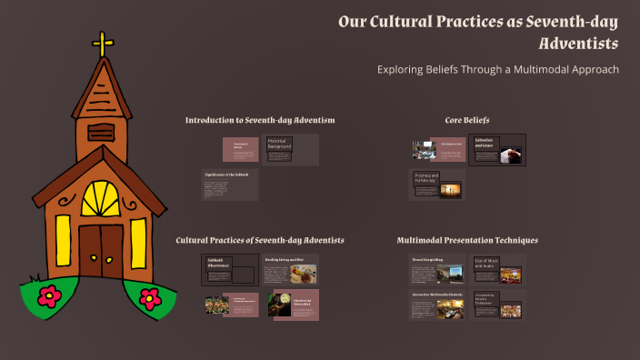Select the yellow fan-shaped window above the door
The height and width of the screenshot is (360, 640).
pyautogui.click(x=100, y=199)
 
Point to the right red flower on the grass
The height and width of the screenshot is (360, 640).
pyautogui.click(x=150, y=296)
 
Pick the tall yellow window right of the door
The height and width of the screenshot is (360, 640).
pyautogui.click(x=138, y=243)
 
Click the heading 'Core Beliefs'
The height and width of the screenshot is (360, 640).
pyautogui.click(x=467, y=120)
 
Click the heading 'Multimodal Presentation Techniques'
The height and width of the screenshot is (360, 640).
pyautogui.click(x=467, y=240)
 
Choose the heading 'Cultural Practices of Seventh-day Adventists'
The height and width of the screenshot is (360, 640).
pyautogui.click(x=260, y=240)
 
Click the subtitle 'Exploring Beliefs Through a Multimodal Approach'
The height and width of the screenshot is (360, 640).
pyautogui.click(x=497, y=70)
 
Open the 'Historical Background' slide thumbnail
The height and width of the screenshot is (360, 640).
pyautogui.click(x=291, y=150)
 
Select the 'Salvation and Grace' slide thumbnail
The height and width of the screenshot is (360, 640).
pyautogui.click(x=497, y=150)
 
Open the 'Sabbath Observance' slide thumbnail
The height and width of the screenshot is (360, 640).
pyautogui.click(x=229, y=270)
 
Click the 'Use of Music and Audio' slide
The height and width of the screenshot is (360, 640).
pyautogui.click(x=497, y=270)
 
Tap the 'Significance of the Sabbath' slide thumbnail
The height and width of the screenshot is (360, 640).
pyautogui.click(x=230, y=185)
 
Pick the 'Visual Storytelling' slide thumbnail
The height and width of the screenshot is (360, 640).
pyautogui.click(x=436, y=270)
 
